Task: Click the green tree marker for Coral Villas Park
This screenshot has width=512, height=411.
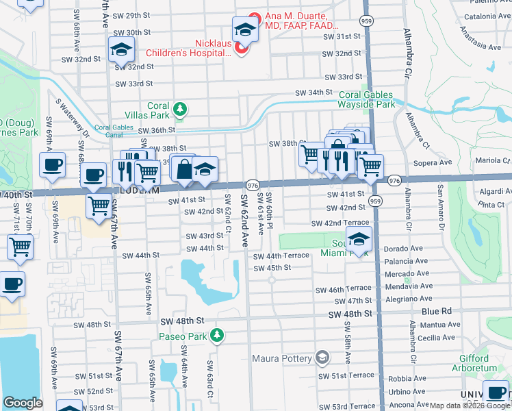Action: (180, 109)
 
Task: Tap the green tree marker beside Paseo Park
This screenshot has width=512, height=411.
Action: (217, 335)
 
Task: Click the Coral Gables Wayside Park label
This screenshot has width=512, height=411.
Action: (366, 100)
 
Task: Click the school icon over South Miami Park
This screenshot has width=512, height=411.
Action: (359, 239)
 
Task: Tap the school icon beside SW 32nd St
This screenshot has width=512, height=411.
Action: (121, 49)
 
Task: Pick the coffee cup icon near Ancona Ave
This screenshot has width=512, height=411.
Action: (495, 393)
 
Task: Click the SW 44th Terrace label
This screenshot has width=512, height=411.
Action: (281, 256)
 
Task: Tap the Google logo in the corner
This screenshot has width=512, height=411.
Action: (23, 403)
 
